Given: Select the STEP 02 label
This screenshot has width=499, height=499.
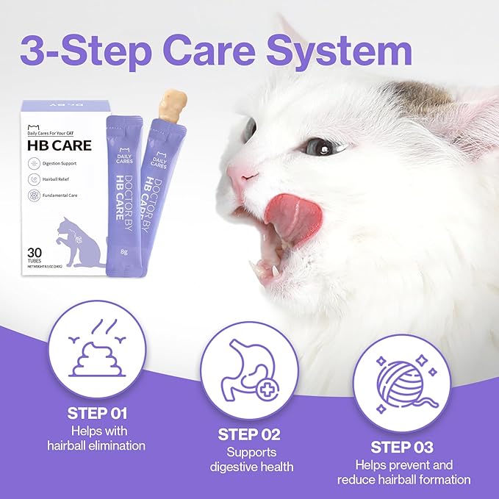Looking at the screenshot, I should click(249, 434).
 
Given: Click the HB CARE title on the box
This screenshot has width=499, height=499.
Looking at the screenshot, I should click(60, 145).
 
